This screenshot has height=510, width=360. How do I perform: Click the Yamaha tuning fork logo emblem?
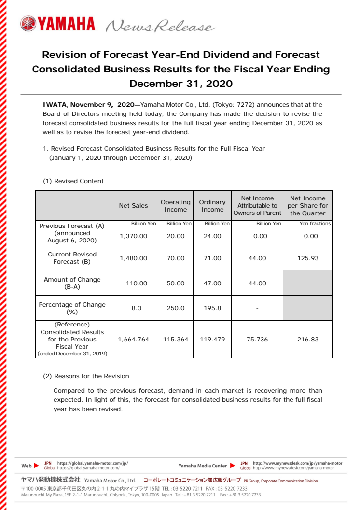(x=28, y=24)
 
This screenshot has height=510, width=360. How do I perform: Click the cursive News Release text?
(x=159, y=26)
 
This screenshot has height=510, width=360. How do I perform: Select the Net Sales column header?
(x=133, y=206)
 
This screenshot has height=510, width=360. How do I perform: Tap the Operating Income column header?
(x=175, y=206)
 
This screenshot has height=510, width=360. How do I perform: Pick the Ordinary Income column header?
(x=212, y=206)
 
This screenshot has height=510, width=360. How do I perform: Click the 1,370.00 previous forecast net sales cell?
(x=133, y=236)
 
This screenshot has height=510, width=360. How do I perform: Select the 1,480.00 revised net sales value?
(x=133, y=258)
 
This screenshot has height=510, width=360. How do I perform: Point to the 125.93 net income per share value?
(x=308, y=258)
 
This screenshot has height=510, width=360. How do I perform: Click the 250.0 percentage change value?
(x=175, y=308)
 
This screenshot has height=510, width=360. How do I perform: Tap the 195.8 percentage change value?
(x=212, y=308)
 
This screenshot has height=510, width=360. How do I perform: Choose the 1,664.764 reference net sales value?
(x=133, y=340)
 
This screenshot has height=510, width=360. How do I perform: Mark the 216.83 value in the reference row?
(x=308, y=340)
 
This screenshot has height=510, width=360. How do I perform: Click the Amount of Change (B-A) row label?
(x=72, y=283)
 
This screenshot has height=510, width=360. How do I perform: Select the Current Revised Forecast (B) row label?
(x=72, y=258)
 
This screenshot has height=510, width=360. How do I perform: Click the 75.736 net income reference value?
(x=257, y=340)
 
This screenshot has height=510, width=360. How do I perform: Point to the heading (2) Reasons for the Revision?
(x=86, y=376)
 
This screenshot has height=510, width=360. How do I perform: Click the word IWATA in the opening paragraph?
(x=52, y=104)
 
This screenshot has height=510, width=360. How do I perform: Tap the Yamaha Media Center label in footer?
(x=202, y=466)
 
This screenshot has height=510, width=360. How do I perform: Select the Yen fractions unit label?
(x=315, y=224)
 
